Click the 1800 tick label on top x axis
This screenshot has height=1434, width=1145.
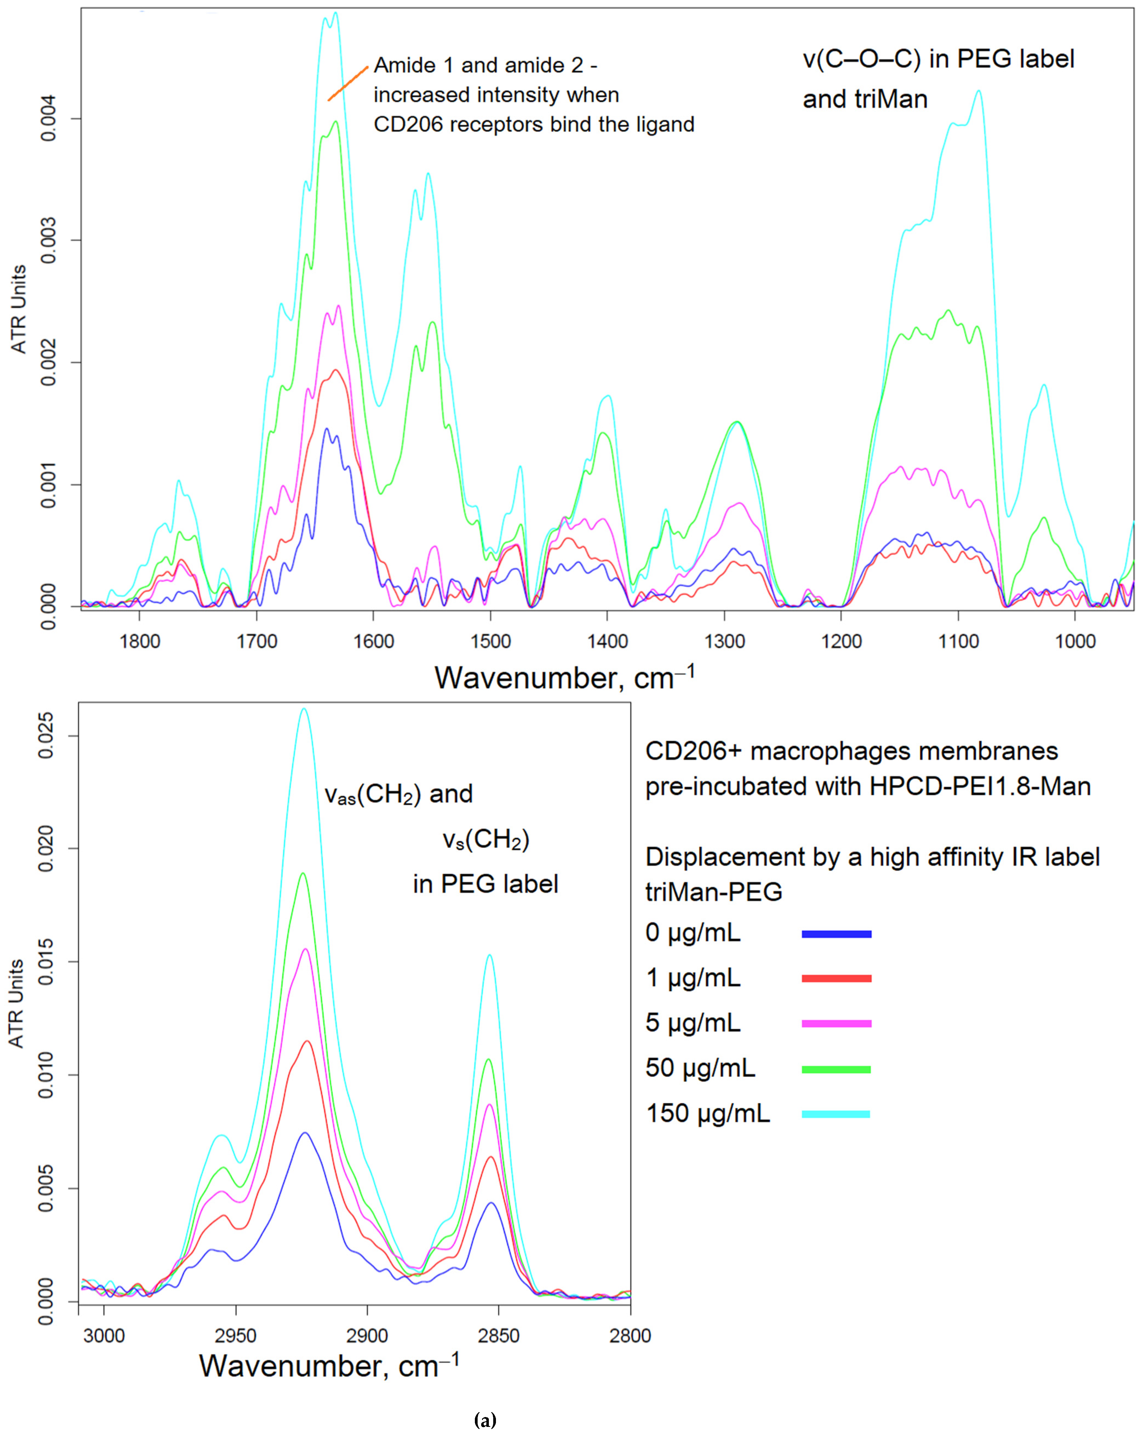[140, 642]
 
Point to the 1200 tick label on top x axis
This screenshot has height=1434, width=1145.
[841, 642]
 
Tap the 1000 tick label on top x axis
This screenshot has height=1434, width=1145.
[1075, 642]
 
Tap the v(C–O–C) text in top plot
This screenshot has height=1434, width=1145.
[862, 59]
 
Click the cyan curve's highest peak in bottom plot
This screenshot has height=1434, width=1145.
[304, 709]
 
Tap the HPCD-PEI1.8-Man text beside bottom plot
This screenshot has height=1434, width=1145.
[979, 786]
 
